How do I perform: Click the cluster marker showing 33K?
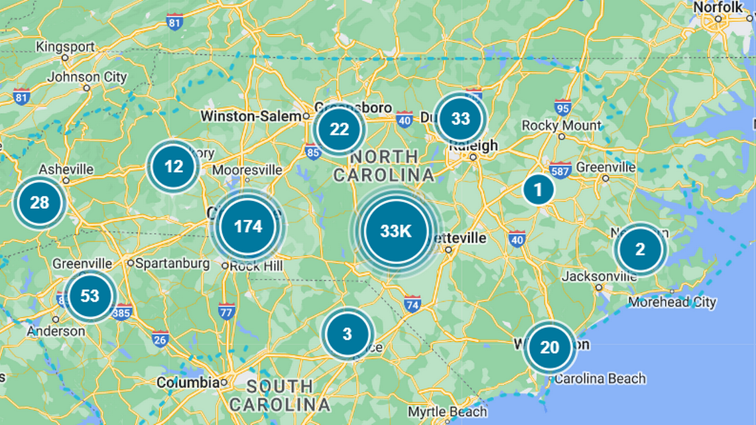396,231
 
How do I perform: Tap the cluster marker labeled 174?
248,227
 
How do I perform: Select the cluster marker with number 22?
340,129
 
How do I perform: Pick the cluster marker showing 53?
90,296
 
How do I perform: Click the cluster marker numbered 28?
40,202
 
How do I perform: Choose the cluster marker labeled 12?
174,166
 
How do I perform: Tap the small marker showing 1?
538,190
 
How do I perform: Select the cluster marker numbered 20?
549,347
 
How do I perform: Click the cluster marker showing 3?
347,334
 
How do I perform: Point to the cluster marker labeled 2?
639,249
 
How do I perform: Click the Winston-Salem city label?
251,116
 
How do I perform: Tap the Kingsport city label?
66,47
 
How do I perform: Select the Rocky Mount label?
561,125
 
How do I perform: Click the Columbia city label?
188,383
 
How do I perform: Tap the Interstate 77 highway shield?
227,310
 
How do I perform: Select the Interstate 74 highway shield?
412,304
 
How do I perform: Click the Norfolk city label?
718,7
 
